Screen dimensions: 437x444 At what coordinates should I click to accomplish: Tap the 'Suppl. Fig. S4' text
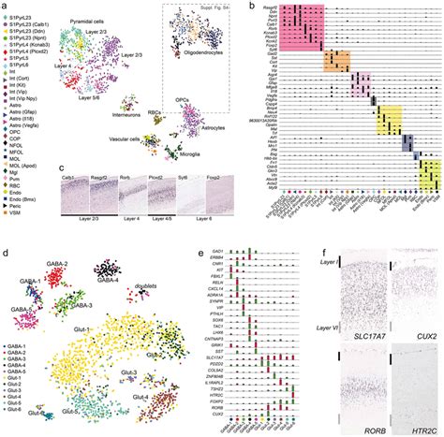[x=223, y=7]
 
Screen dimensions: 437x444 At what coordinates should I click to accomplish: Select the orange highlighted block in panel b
[x=336, y=63]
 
